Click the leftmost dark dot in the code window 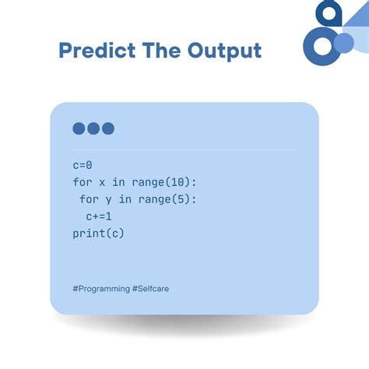pyautogui.click(x=79, y=128)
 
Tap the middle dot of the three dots pyautogui.click(x=93, y=128)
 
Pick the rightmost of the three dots pyautogui.click(x=107, y=128)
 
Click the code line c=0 pyautogui.click(x=83, y=165)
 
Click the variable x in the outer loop pyautogui.click(x=102, y=182)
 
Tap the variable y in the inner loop pyautogui.click(x=108, y=199)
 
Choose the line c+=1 pyautogui.click(x=99, y=216)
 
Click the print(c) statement pyautogui.click(x=99, y=234)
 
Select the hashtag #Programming pyautogui.click(x=101, y=288)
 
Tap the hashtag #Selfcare pyautogui.click(x=151, y=288)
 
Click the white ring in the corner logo pyautogui.click(x=322, y=45)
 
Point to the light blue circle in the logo pyautogui.click(x=343, y=44)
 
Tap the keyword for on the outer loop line pyautogui.click(x=83, y=182)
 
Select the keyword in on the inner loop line pyautogui.click(x=125, y=199)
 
